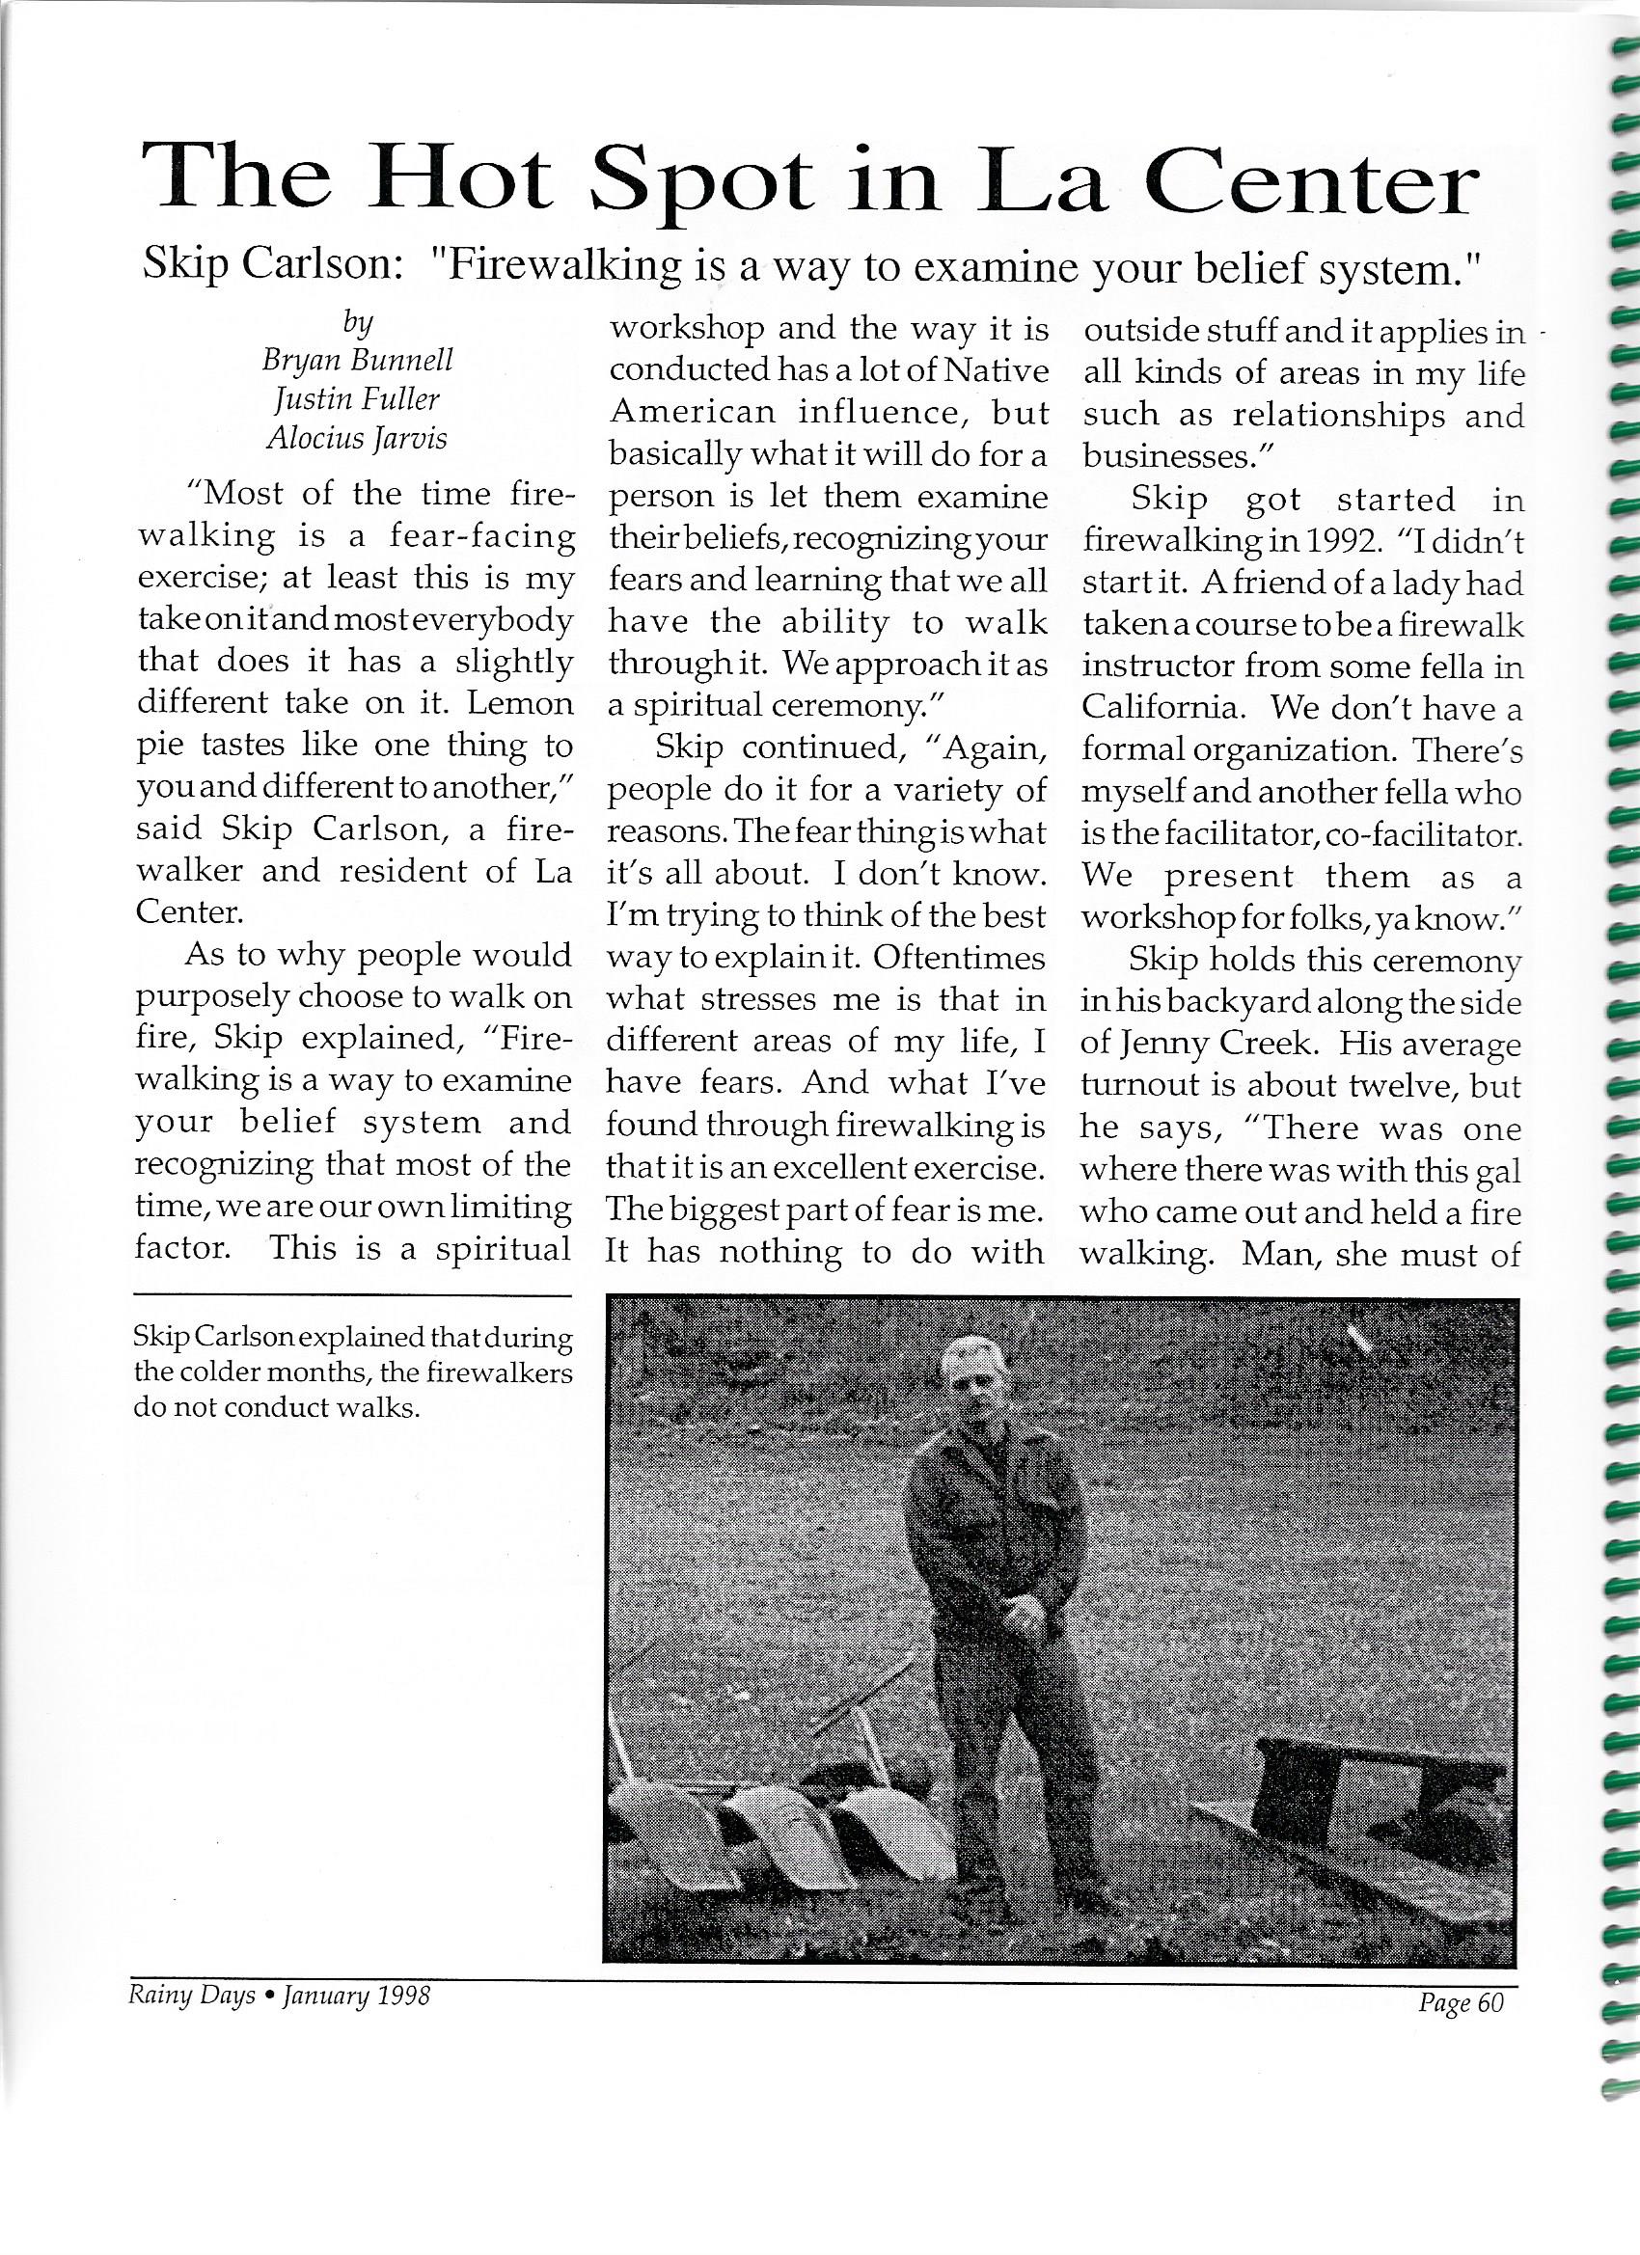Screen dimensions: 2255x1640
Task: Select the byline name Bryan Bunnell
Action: click(x=357, y=359)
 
